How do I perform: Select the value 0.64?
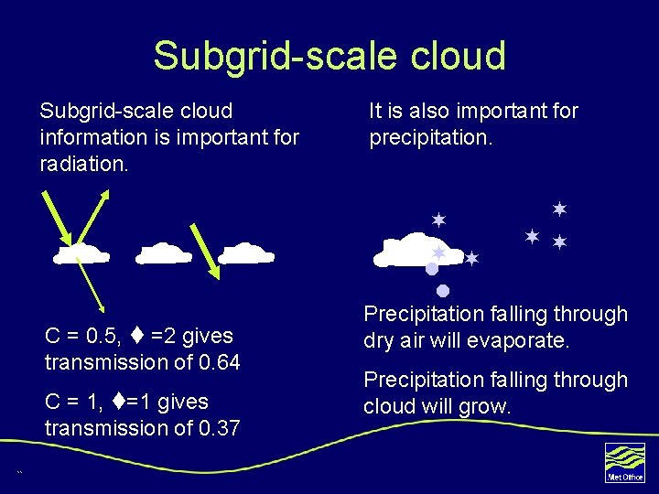[x=219, y=362]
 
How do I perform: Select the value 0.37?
[x=219, y=428]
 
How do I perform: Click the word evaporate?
[x=524, y=341]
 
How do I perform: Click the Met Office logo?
[x=625, y=461]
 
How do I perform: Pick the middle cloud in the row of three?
[x=163, y=253]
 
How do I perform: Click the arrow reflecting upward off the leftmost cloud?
[x=97, y=216]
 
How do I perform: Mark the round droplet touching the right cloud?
[x=431, y=269]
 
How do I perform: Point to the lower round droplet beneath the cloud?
[x=441, y=291]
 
